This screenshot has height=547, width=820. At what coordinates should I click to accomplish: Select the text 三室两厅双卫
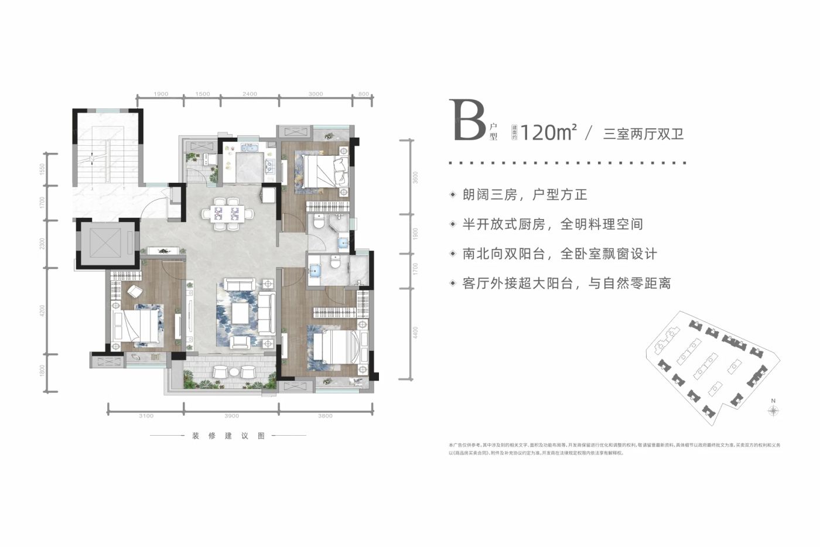click(643, 134)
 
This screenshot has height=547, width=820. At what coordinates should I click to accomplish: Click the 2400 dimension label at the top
click(250, 94)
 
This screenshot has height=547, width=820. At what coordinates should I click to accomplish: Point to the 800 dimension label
click(363, 94)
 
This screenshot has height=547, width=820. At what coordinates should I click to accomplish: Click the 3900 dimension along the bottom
click(231, 416)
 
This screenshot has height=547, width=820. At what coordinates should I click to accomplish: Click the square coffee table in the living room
click(241, 314)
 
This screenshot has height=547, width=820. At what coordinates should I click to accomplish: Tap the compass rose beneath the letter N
click(773, 412)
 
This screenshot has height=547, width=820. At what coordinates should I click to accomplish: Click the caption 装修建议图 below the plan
click(228, 436)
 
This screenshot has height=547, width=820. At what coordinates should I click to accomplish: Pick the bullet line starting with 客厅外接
click(566, 283)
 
